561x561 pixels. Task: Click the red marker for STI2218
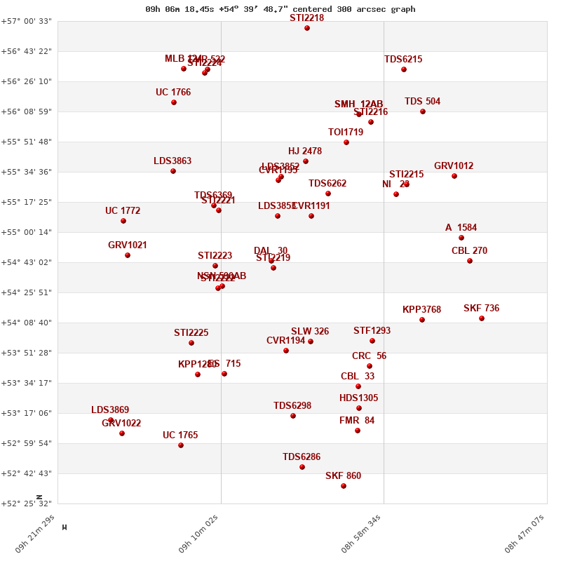pos(307,28)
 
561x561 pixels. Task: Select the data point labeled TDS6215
pos(404,69)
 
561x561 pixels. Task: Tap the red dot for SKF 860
pos(344,486)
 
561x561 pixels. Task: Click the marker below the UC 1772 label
pos(123,221)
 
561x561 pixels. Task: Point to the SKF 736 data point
pos(482,318)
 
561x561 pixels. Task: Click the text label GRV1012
pos(454,166)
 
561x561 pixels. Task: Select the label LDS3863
pos(173,161)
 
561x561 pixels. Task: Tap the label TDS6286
pos(302,457)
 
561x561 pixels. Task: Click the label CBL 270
pos(469,251)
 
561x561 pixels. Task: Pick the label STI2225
pos(191,333)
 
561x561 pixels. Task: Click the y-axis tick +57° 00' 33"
pos(27,21)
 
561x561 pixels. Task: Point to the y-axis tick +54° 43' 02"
pos(27,262)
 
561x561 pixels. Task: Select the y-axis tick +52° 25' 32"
pos(27,503)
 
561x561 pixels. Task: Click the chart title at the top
pos(280,9)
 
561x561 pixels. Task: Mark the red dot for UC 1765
pos(181,445)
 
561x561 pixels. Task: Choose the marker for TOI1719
pos(346,142)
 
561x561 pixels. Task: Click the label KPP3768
pos(421,310)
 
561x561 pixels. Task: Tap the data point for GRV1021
pos(128,255)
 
